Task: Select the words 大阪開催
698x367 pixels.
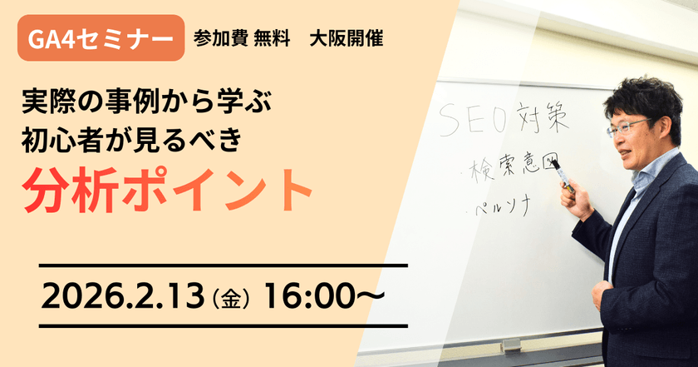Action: pyautogui.click(x=345, y=39)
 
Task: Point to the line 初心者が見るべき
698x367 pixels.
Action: pyautogui.click(x=133, y=142)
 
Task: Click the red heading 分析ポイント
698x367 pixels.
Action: pyautogui.click(x=167, y=191)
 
